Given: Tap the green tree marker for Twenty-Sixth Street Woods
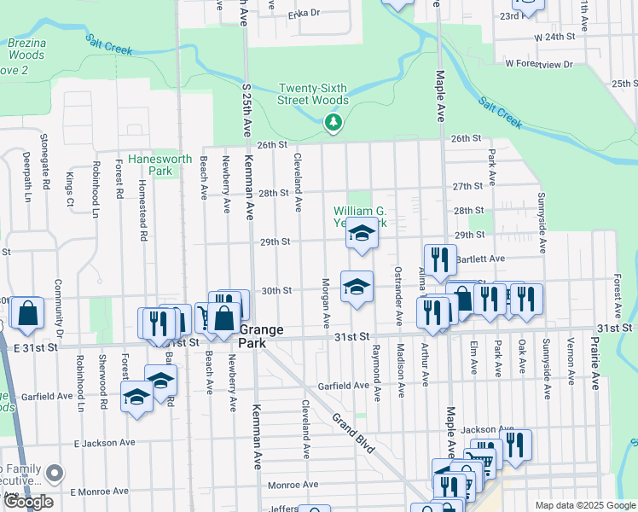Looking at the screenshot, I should (x=333, y=124).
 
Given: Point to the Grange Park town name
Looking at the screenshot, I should (x=261, y=335).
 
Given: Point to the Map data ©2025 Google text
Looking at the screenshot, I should (x=585, y=505).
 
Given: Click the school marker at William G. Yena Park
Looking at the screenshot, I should (x=362, y=234).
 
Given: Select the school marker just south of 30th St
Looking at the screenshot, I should (x=357, y=287).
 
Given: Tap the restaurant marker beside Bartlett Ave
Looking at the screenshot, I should (x=440, y=260).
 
